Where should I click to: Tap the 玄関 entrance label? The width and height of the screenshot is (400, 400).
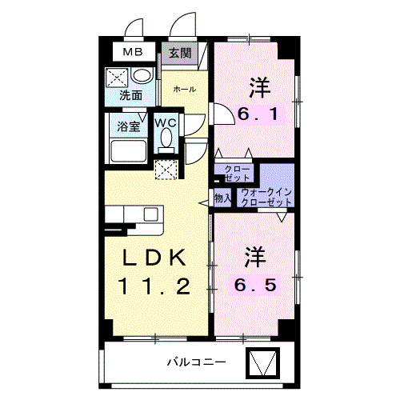pos(180,54)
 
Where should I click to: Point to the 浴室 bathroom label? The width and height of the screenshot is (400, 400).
pos(128,126)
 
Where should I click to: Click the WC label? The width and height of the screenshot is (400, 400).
pos(166,122)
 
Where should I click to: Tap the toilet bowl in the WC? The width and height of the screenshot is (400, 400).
pos(166,138)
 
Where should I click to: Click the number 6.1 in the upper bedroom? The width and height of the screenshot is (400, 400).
pos(258,114)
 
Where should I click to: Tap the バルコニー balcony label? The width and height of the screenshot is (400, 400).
pos(196,362)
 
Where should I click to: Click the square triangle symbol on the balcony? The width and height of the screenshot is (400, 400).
pos(262,364)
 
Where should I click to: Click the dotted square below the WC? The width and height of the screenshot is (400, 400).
pos(166,170)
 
